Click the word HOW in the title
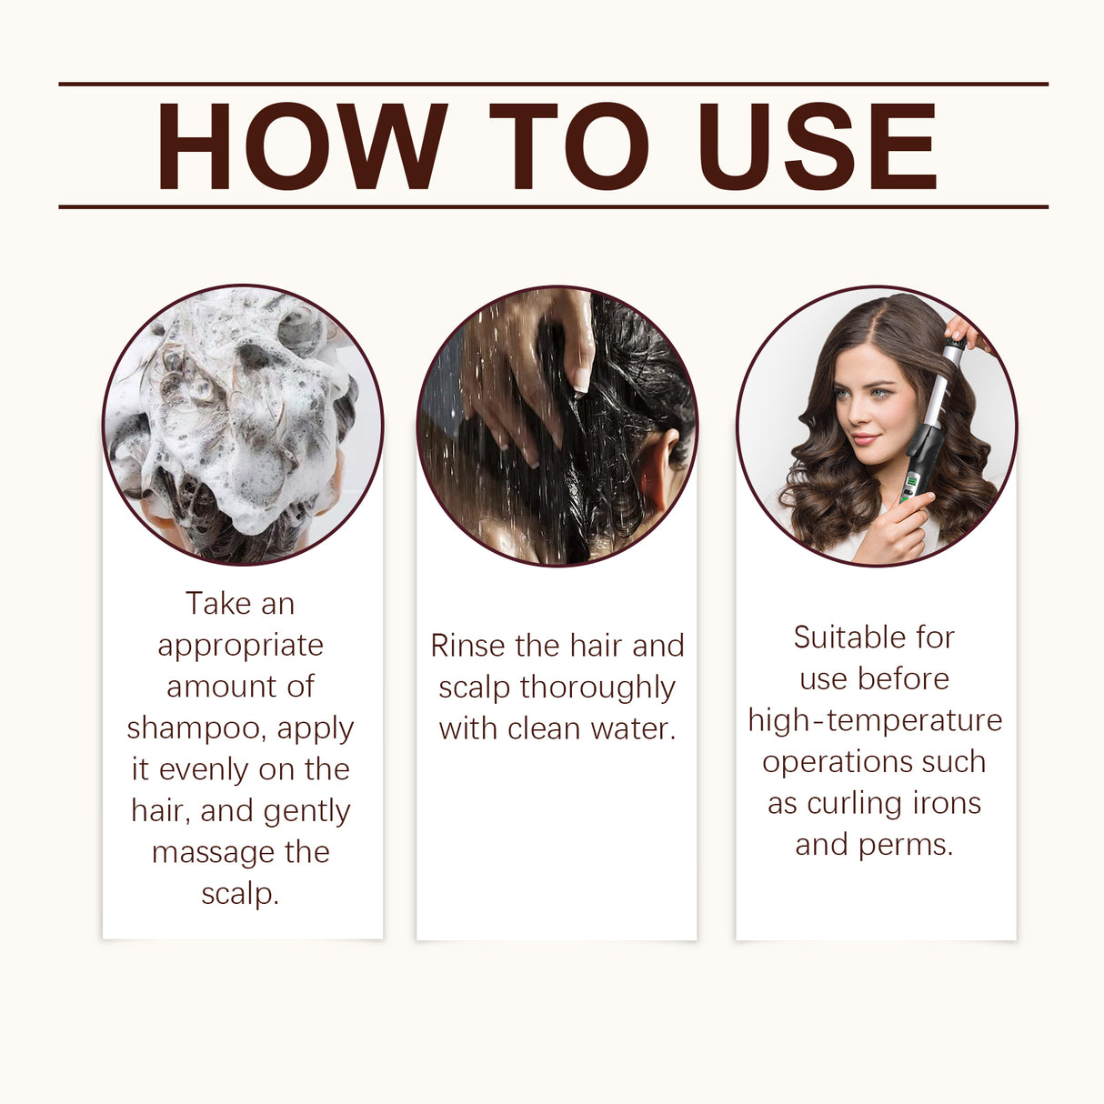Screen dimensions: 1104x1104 tap(301, 147)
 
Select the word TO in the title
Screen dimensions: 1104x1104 tap(569, 147)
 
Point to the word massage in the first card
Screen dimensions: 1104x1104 tap(205, 852)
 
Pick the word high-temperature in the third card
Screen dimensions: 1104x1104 tap(875, 720)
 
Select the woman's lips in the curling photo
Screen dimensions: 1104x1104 tap(864, 439)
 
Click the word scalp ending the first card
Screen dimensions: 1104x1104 tap(239, 894)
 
